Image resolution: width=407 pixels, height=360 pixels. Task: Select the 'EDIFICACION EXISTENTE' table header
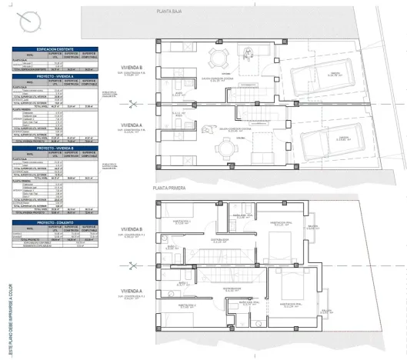pyautogui.click(x=54, y=48)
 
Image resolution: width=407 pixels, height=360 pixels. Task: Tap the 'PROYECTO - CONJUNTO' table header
pyautogui.click(x=54, y=222)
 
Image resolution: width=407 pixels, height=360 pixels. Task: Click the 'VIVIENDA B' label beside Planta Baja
pyautogui.click(x=133, y=66)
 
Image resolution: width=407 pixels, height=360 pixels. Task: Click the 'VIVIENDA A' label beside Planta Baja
pyautogui.click(x=133, y=123)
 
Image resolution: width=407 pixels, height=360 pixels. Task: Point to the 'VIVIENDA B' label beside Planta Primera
pyautogui.click(x=133, y=229)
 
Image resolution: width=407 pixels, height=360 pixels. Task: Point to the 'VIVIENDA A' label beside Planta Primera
pyautogui.click(x=133, y=290)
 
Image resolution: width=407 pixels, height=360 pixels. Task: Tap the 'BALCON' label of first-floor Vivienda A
pyautogui.click(x=327, y=310)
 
